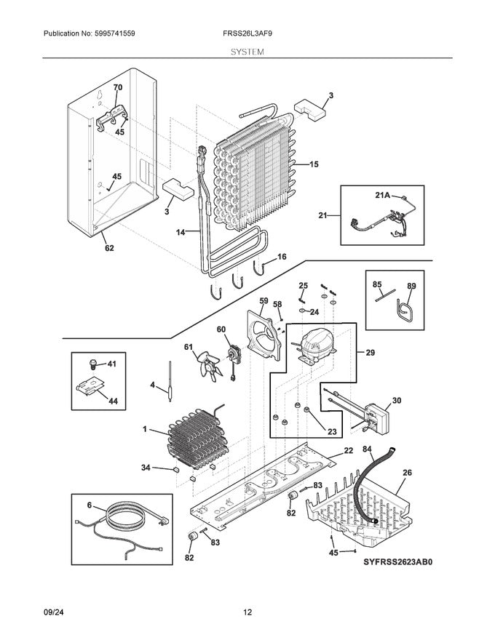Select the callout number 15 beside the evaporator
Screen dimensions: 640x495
pyautogui.click(x=314, y=164)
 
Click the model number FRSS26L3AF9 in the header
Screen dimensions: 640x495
pyautogui.click(x=247, y=34)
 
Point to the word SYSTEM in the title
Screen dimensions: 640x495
pyautogui.click(x=247, y=52)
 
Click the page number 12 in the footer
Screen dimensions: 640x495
pyautogui.click(x=247, y=612)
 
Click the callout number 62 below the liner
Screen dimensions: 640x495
pyautogui.click(x=108, y=248)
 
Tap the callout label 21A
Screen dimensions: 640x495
pyautogui.click(x=383, y=196)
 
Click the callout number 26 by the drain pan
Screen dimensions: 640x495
pyautogui.click(x=407, y=472)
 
